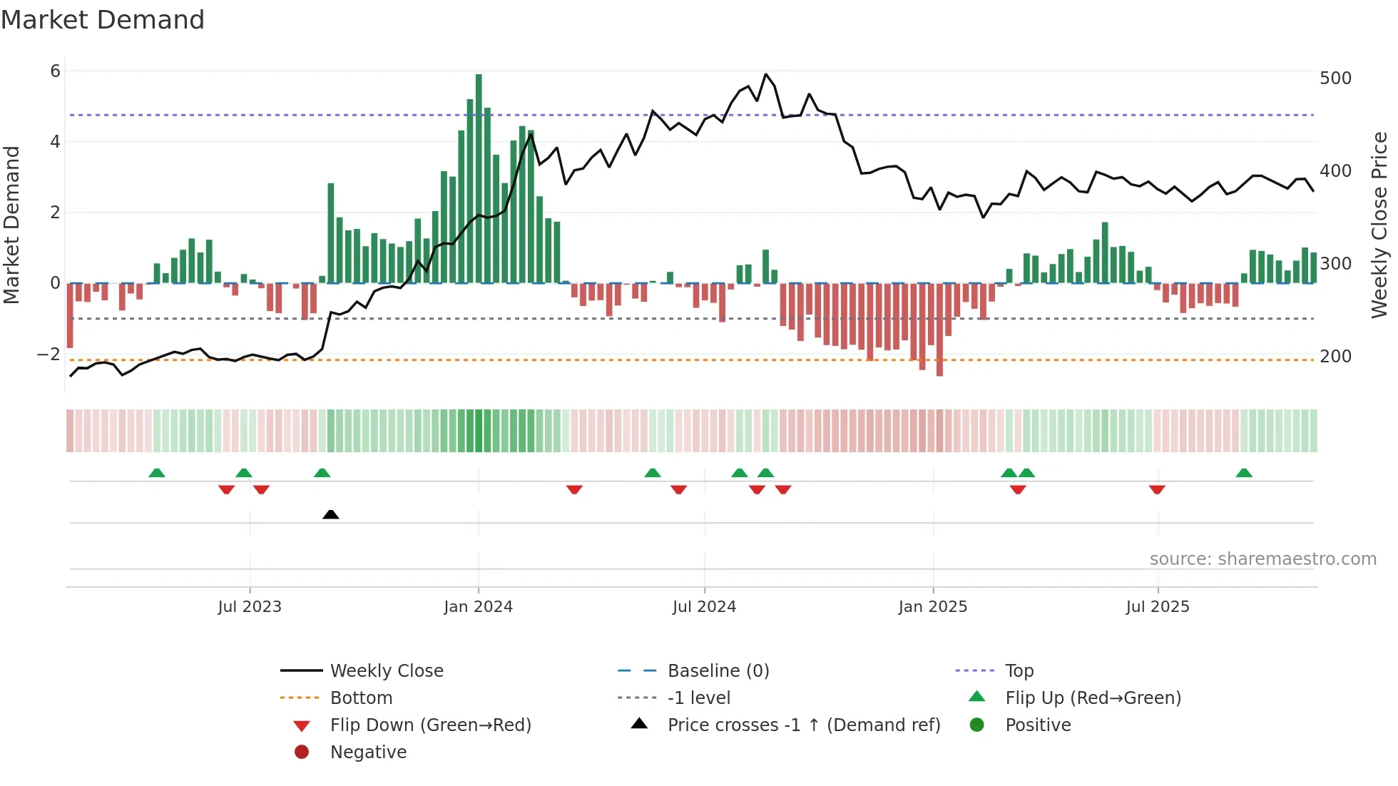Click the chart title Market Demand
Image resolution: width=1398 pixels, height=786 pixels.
[103, 20]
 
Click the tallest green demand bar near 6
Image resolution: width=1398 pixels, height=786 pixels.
[479, 178]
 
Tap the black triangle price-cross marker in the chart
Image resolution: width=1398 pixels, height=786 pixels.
[330, 514]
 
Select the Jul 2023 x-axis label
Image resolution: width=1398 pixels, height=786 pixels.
[250, 607]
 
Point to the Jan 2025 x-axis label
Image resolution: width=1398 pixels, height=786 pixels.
[932, 607]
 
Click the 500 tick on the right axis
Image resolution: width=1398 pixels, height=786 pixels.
[1335, 78]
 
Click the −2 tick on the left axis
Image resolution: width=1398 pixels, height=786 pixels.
[49, 354]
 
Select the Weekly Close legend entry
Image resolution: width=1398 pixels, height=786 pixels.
[386, 671]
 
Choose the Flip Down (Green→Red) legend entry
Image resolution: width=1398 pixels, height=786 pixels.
[430, 725]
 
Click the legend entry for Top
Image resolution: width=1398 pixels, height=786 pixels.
[1019, 671]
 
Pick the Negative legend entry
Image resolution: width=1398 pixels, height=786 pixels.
[368, 752]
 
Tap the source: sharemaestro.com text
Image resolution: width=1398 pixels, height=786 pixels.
[1262, 559]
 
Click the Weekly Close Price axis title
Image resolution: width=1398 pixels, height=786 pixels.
[1379, 225]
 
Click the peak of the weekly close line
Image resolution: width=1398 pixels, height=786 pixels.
[765, 74]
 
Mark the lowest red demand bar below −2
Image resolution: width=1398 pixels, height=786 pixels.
[939, 330]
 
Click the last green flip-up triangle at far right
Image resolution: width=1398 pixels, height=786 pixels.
[1244, 473]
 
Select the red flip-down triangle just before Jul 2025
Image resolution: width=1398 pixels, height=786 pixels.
[1157, 489]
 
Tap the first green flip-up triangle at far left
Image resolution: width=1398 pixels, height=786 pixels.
[157, 473]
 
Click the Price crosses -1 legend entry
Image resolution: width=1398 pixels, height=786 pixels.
[803, 725]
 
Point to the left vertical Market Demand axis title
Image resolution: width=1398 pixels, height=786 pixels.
[11, 225]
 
